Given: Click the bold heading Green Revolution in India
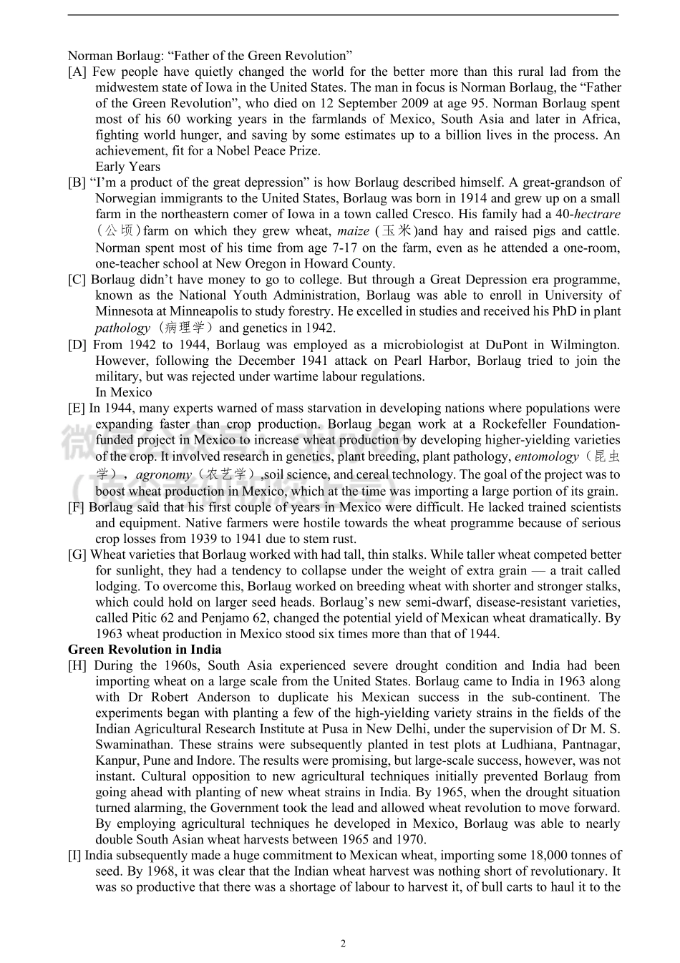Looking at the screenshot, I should tap(145, 650).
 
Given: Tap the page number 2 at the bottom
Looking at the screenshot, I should tap(343, 944).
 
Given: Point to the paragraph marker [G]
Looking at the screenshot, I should tap(77, 554).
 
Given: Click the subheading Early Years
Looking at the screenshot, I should tap(128, 167).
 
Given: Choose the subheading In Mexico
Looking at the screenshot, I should tap(124, 392).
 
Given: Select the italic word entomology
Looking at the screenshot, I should tap(546, 456).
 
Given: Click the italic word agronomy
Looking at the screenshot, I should tap(164, 474).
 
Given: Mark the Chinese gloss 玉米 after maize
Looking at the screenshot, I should tap(397, 231).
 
